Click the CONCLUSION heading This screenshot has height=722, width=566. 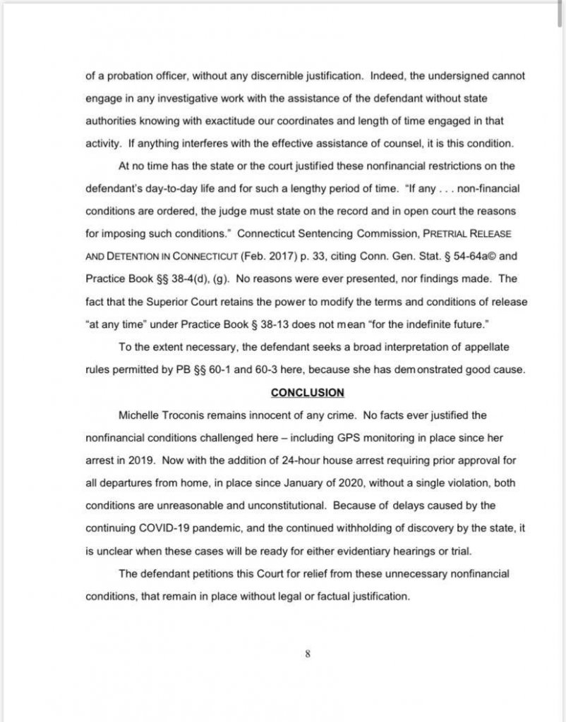click(308, 393)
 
